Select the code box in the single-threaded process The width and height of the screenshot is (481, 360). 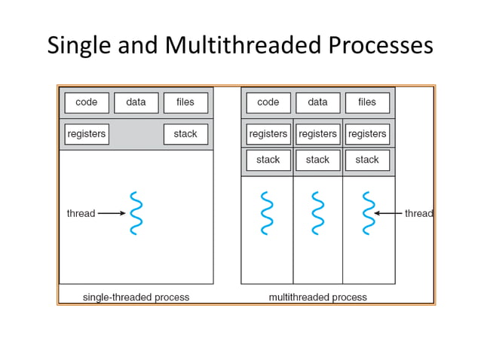coord(87,102)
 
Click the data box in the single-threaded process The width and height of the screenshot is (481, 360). coord(136,102)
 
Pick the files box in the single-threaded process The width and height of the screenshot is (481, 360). coord(185,102)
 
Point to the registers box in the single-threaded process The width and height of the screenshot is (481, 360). coord(87,134)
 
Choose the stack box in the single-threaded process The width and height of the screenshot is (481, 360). coord(185,134)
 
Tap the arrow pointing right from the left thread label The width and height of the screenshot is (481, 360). coord(112,213)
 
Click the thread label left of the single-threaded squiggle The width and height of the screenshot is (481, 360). coord(81,213)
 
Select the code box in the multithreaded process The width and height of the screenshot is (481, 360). coord(268,102)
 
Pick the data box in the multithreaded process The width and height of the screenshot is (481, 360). coord(317,102)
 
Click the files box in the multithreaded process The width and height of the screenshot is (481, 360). coord(367,102)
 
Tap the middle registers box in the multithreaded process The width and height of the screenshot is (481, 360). coord(317,134)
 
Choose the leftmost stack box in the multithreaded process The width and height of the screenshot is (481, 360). coord(268,160)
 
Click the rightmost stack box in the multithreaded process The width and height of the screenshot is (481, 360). coord(367,160)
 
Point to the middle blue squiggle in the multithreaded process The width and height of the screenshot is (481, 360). coord(317,213)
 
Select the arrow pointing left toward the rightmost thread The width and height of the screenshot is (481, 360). coord(388,213)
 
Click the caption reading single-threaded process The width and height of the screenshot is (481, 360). coord(136,297)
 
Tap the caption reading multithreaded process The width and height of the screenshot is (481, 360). coord(317,297)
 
